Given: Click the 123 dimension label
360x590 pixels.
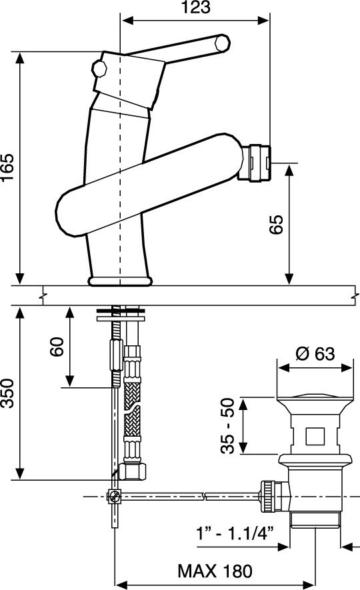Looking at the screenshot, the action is pyautogui.click(x=196, y=7).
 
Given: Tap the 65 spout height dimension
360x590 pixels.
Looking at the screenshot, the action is pyautogui.click(x=277, y=225).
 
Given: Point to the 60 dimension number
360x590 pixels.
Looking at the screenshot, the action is pyautogui.click(x=57, y=347).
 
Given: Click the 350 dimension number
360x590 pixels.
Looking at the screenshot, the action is pyautogui.click(x=7, y=393).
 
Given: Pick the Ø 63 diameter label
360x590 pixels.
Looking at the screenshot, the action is pyautogui.click(x=315, y=354).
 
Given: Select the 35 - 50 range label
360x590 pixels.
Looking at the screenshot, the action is pyautogui.click(x=227, y=425).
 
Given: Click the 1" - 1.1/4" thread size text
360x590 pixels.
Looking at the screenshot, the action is pyautogui.click(x=235, y=533).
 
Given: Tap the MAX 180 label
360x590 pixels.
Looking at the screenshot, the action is pyautogui.click(x=215, y=571).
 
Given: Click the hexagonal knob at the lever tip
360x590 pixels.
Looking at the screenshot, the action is pyautogui.click(x=222, y=43).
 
